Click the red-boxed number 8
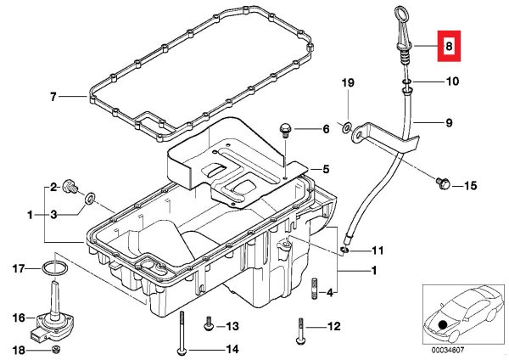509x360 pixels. (x=448, y=48)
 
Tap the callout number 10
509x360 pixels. (x=450, y=82)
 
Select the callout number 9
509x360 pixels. (x=450, y=122)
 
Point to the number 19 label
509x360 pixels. (x=347, y=82)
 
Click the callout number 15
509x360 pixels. (x=470, y=183)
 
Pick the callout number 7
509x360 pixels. (x=53, y=98)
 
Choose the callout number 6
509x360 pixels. (x=324, y=129)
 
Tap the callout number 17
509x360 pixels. (x=18, y=270)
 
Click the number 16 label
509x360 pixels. (x=18, y=318)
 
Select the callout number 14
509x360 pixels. (x=232, y=350)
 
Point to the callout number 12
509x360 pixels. (x=333, y=325)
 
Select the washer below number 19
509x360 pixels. (x=348, y=127)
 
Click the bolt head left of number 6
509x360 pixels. (x=285, y=129)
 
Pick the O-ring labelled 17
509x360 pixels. (x=56, y=270)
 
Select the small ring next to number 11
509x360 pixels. (x=345, y=250)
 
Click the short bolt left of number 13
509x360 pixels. (x=206, y=325)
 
